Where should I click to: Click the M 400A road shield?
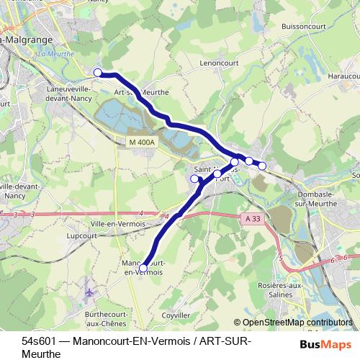click(x=141, y=143)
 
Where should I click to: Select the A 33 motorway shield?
click(x=251, y=218)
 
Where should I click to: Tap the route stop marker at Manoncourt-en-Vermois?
click(x=143, y=268)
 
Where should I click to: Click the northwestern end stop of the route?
click(x=97, y=72)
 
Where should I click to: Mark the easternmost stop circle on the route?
click(x=262, y=166)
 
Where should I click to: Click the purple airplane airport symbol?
click(x=89, y=293)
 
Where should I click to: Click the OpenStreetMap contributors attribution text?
click(x=297, y=323)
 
